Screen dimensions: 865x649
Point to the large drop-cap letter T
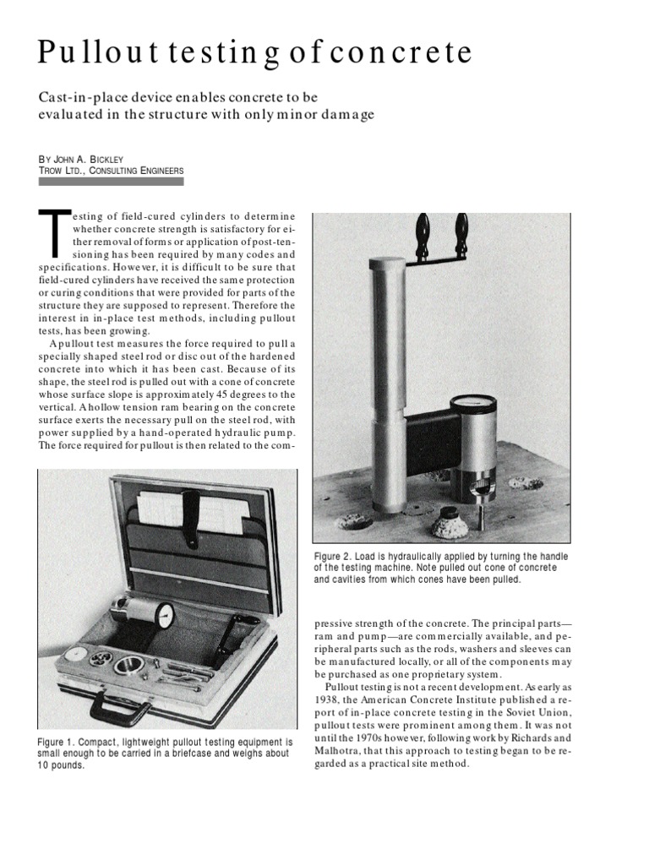(54, 232)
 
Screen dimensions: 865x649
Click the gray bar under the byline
(111, 182)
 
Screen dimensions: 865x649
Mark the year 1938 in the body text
(330, 714)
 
